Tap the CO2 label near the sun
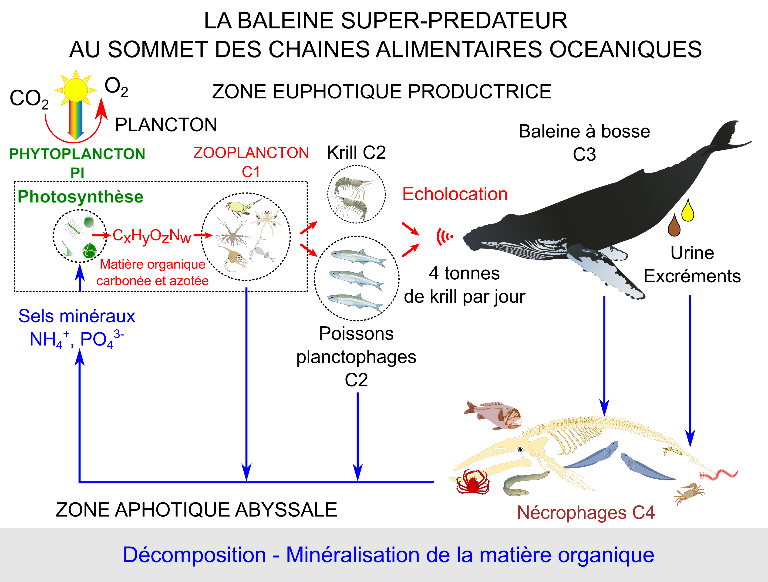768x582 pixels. tap(29, 99)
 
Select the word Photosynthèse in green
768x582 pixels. tap(80, 196)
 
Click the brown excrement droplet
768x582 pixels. tap(674, 226)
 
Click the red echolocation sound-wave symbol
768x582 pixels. tap(445, 237)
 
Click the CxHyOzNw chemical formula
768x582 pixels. tap(152, 236)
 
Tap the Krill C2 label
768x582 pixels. tap(356, 152)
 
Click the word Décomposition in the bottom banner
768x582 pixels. tap(194, 555)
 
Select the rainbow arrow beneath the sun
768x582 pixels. tap(75, 120)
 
